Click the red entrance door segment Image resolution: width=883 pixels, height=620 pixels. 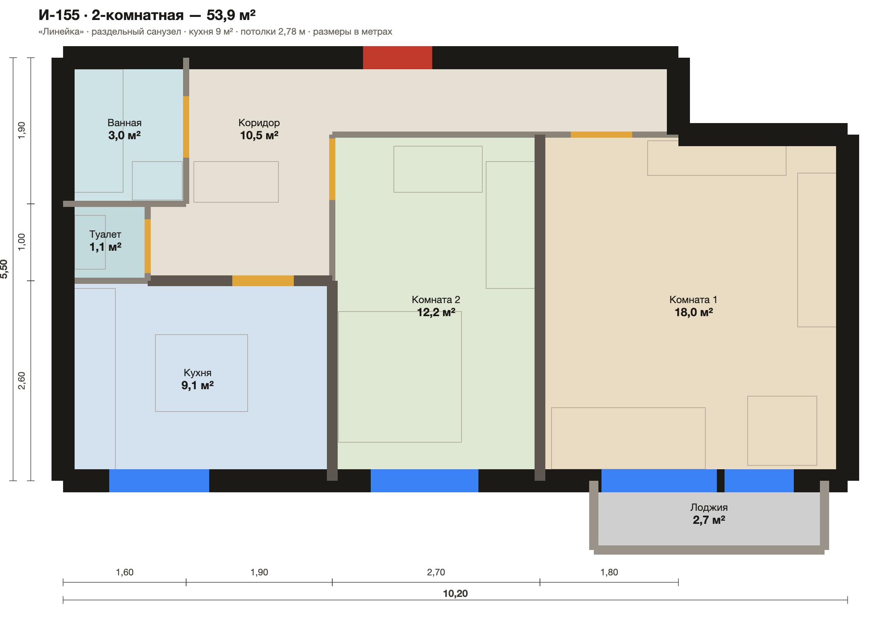click(x=398, y=58)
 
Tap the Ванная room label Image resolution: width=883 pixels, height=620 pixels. click(x=125, y=123)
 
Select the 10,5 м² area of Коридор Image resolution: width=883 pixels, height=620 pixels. click(x=259, y=135)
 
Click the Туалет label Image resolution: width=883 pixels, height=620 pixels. click(x=105, y=234)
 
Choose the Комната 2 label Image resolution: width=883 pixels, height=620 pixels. click(x=436, y=300)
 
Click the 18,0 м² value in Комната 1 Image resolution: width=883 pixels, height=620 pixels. click(x=694, y=312)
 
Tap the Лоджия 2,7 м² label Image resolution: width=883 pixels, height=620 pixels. click(x=709, y=514)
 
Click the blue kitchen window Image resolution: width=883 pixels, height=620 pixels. click(x=159, y=481)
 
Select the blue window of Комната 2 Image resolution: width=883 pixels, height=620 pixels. click(x=425, y=481)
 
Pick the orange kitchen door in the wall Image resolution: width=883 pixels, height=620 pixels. click(x=263, y=281)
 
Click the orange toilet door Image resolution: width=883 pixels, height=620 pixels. click(x=148, y=246)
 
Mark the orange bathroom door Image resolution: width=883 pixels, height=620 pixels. click(x=186, y=127)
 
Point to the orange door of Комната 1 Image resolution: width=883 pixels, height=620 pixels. click(x=601, y=135)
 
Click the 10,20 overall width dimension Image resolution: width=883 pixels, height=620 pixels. click(x=455, y=593)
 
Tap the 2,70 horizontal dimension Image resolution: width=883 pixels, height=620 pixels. click(x=436, y=572)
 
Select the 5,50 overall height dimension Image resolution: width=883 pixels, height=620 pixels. click(x=4, y=269)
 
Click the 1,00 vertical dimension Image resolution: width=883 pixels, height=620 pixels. click(x=22, y=242)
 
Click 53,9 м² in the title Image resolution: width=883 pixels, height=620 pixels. click(x=231, y=15)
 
